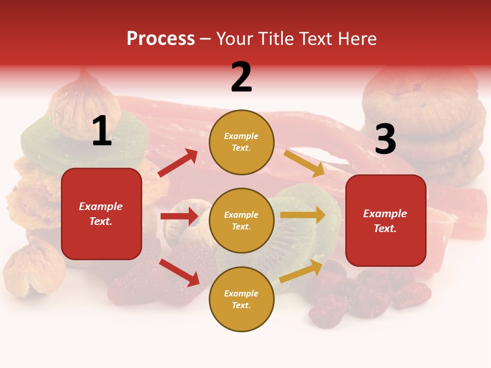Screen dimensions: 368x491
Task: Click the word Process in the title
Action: click(161, 39)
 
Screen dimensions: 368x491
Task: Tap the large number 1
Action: click(102, 132)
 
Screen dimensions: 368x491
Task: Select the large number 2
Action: click(241, 77)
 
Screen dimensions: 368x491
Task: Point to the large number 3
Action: click(385, 140)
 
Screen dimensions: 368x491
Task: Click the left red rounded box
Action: click(101, 214)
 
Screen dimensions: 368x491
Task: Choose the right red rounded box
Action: click(386, 221)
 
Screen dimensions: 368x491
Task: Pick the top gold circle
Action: click(241, 142)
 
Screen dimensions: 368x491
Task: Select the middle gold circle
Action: click(241, 220)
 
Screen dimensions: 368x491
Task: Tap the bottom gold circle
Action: click(241, 299)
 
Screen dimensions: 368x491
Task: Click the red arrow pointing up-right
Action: click(178, 163)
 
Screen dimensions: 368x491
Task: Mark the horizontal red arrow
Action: click(179, 216)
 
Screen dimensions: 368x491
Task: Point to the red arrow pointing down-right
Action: click(180, 272)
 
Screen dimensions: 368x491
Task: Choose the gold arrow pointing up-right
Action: click(301, 271)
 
